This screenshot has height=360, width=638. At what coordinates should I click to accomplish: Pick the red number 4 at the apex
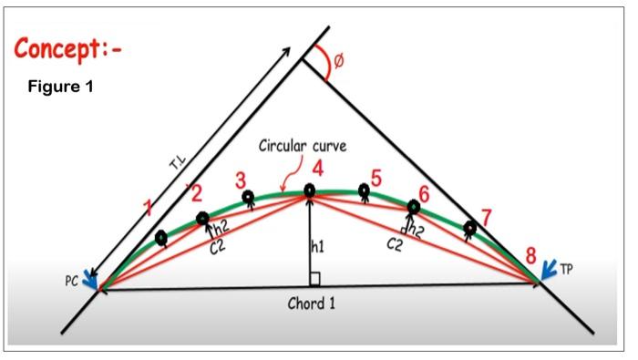click(x=316, y=169)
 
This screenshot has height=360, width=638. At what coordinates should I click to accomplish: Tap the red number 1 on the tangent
click(x=149, y=211)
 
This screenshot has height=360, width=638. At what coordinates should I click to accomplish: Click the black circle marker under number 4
click(x=310, y=190)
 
